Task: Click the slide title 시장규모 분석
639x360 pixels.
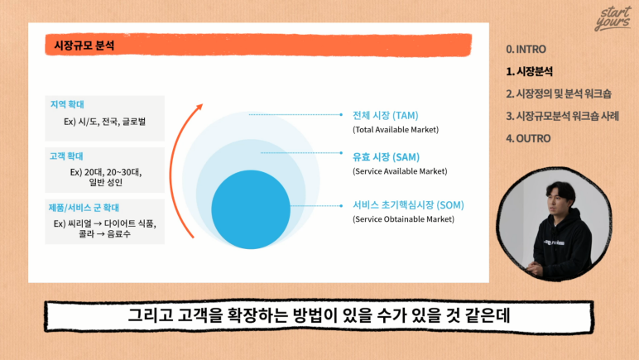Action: tap(84, 46)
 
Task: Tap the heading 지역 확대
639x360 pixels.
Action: tap(67, 104)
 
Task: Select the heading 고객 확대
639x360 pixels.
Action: tap(66, 156)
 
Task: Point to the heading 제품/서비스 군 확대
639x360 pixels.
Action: tap(84, 208)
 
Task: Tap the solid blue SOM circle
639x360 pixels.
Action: tap(251, 209)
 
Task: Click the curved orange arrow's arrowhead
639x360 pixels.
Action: tap(199, 107)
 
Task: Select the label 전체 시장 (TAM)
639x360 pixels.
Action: tap(386, 116)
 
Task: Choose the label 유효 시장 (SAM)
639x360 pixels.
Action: tap(386, 157)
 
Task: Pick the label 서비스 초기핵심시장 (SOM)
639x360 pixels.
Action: tap(408, 205)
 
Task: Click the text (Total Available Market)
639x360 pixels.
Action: tap(396, 130)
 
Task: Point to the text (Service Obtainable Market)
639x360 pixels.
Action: tap(403, 219)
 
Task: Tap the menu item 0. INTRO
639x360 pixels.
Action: tap(526, 50)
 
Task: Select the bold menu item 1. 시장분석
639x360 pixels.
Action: tap(530, 72)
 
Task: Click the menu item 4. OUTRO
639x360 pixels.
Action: tap(528, 138)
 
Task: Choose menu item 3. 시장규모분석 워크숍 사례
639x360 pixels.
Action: tap(562, 116)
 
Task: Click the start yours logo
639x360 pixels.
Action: tap(613, 19)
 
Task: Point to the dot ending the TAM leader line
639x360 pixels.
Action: tap(341, 115)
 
